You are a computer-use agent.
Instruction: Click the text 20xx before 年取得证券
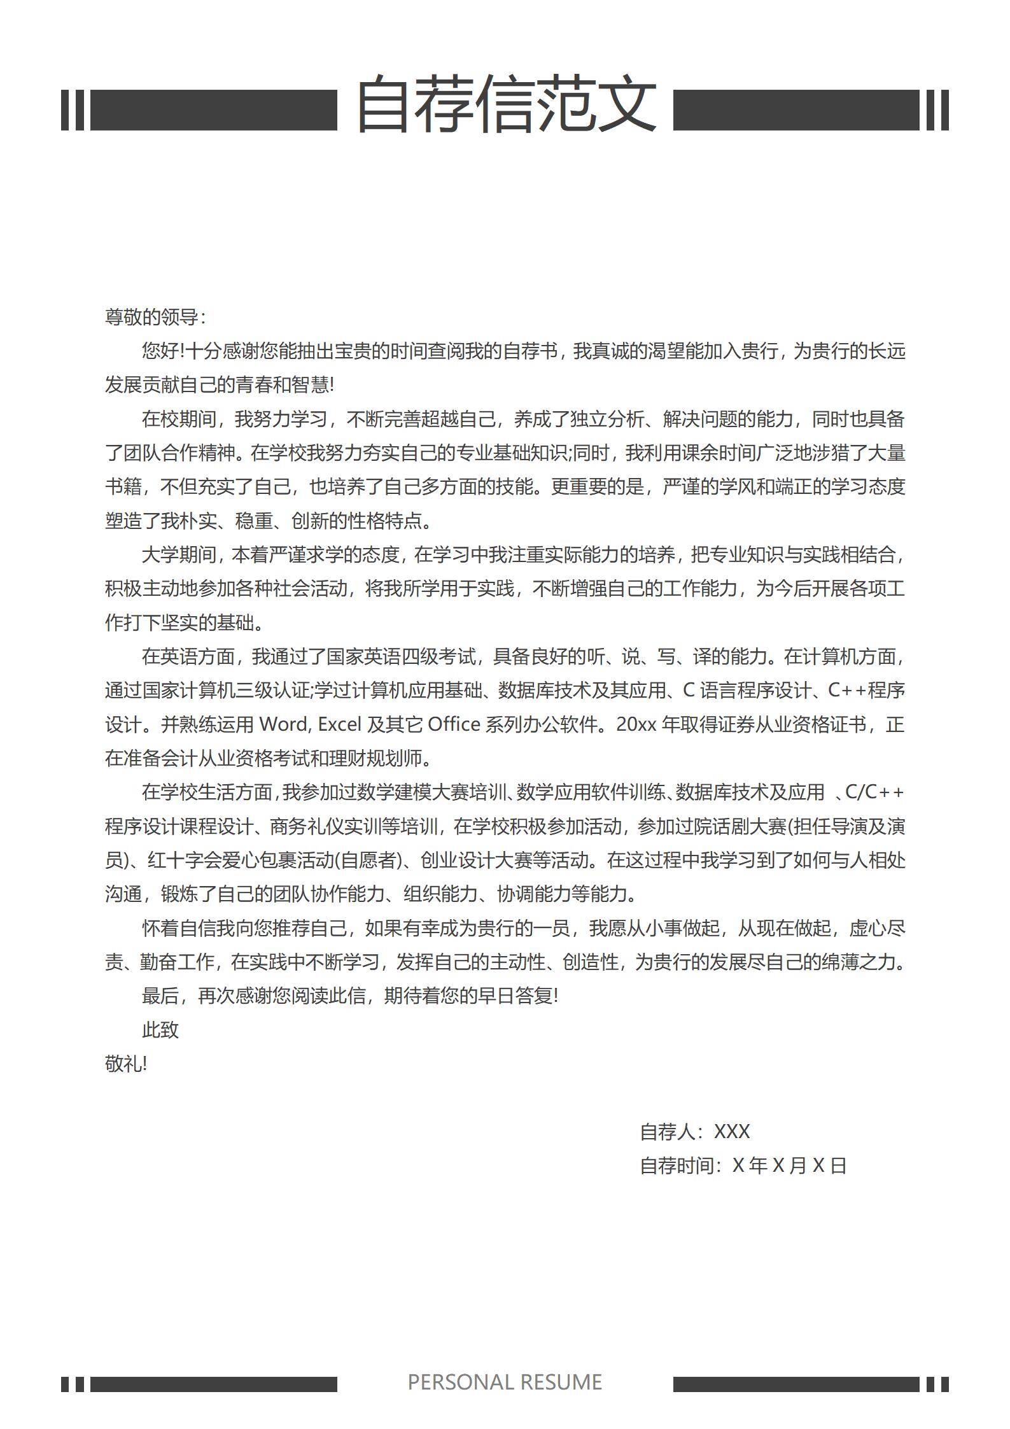pos(636,724)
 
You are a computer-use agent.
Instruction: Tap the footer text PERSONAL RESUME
pos(505,1382)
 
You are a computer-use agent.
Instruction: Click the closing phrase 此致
pos(160,1029)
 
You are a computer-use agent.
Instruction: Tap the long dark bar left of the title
pos(214,110)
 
